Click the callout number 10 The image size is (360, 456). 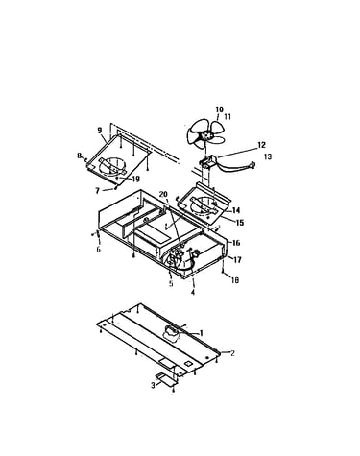point(220,109)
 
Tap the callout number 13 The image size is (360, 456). point(268,156)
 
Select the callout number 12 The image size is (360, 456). point(261,145)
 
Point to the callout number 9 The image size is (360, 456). point(100,131)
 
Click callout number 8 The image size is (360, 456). point(79,156)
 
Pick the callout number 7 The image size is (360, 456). point(98,191)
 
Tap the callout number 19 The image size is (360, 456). point(135,179)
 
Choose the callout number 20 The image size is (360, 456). point(163,194)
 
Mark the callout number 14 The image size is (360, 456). point(236,210)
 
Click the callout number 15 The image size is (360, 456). point(240,222)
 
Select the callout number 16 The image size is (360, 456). point(236,243)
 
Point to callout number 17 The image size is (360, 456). point(237,260)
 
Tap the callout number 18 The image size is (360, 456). point(235,280)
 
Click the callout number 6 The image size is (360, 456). point(98,249)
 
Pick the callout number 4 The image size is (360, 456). point(193,292)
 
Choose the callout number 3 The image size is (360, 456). point(153,385)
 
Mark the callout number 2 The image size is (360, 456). point(232,353)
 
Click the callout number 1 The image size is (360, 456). point(202,333)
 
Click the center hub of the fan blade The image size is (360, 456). point(204,135)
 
